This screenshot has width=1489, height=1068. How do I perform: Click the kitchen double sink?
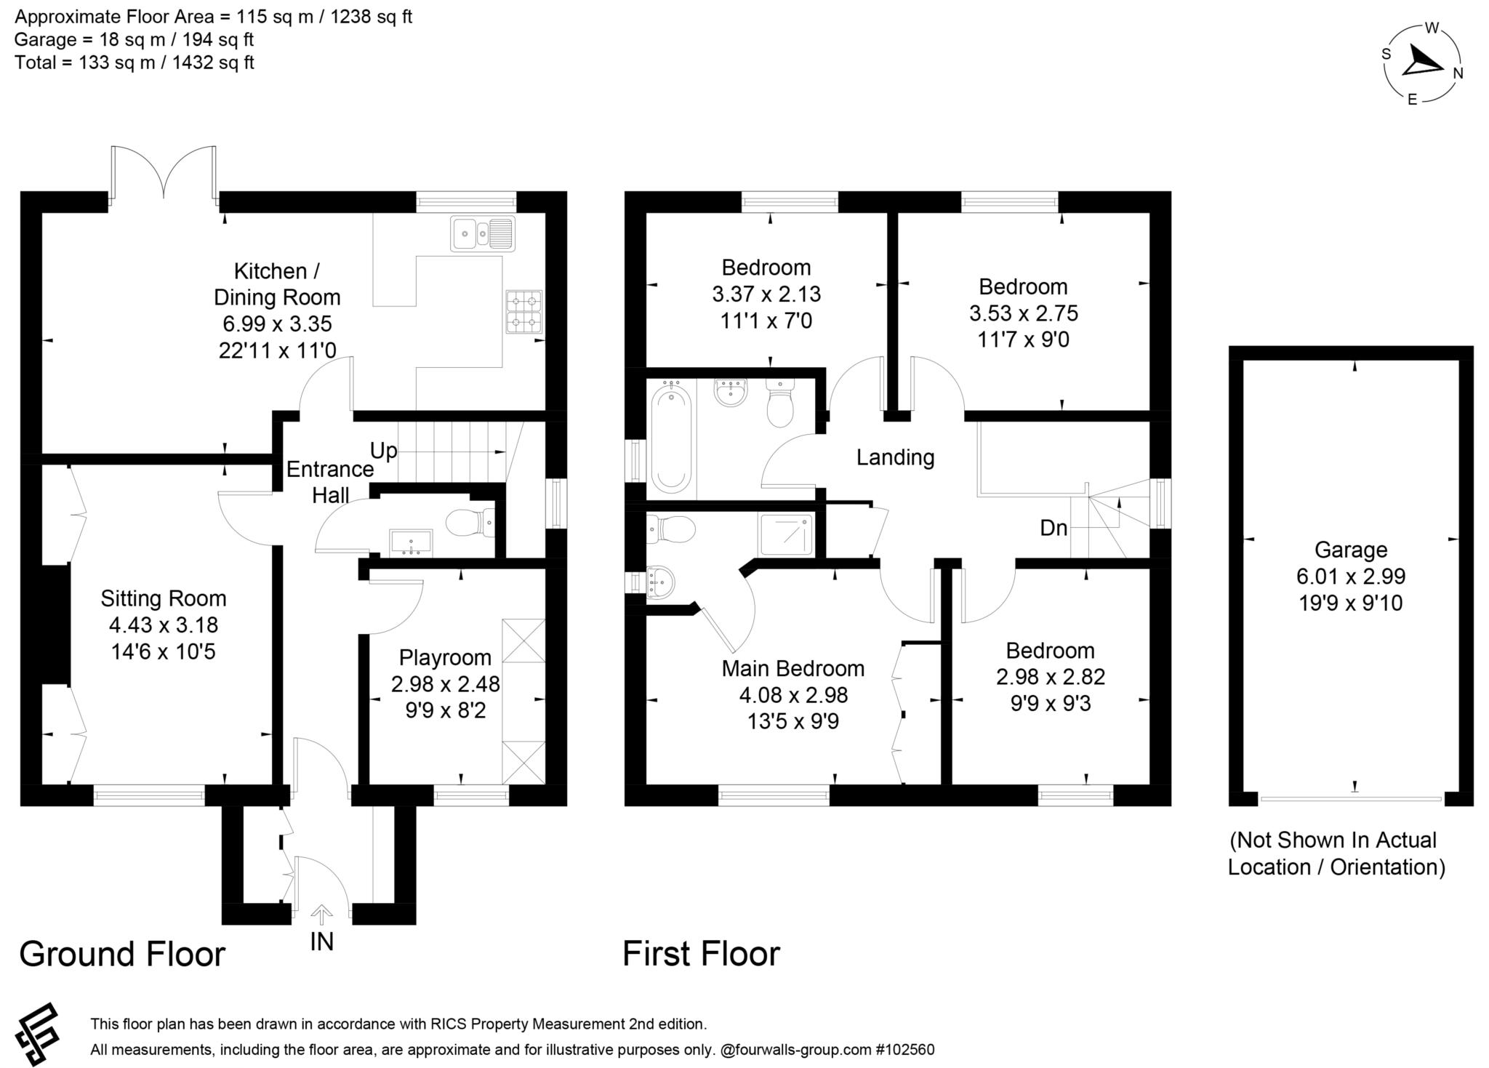(482, 233)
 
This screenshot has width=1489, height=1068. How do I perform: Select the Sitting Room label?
(163, 598)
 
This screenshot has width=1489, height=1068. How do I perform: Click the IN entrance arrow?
(321, 913)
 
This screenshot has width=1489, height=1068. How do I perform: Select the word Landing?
(895, 457)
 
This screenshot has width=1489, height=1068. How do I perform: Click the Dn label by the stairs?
(1053, 528)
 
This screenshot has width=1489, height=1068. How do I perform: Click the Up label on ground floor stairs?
(383, 451)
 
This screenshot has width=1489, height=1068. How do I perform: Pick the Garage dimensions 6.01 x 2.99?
(1351, 577)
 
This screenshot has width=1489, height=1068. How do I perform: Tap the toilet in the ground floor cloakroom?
(468, 522)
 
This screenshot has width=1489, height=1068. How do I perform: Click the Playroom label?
(445, 657)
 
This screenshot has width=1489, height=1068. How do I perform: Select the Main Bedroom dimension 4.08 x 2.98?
(793, 695)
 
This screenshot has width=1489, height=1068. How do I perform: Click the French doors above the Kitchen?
(164, 172)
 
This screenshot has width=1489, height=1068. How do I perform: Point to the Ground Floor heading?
(122, 954)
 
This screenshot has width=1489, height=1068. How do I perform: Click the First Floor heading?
(701, 954)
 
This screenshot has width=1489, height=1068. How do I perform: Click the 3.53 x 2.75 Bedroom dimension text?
(1023, 313)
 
